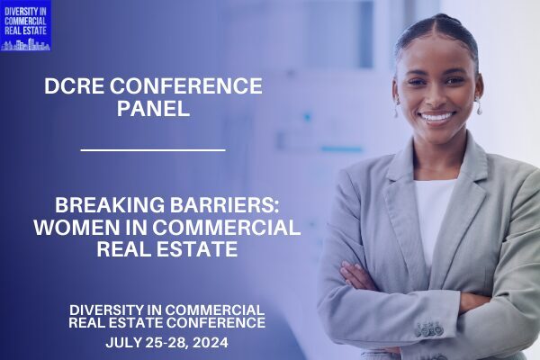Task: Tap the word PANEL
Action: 154,108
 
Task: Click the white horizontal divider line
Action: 153,150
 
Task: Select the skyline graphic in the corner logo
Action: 25,45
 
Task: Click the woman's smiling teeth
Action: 436,117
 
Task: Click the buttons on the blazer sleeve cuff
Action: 429,329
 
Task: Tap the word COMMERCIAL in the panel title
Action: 227,227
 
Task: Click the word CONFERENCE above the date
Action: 216,323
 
